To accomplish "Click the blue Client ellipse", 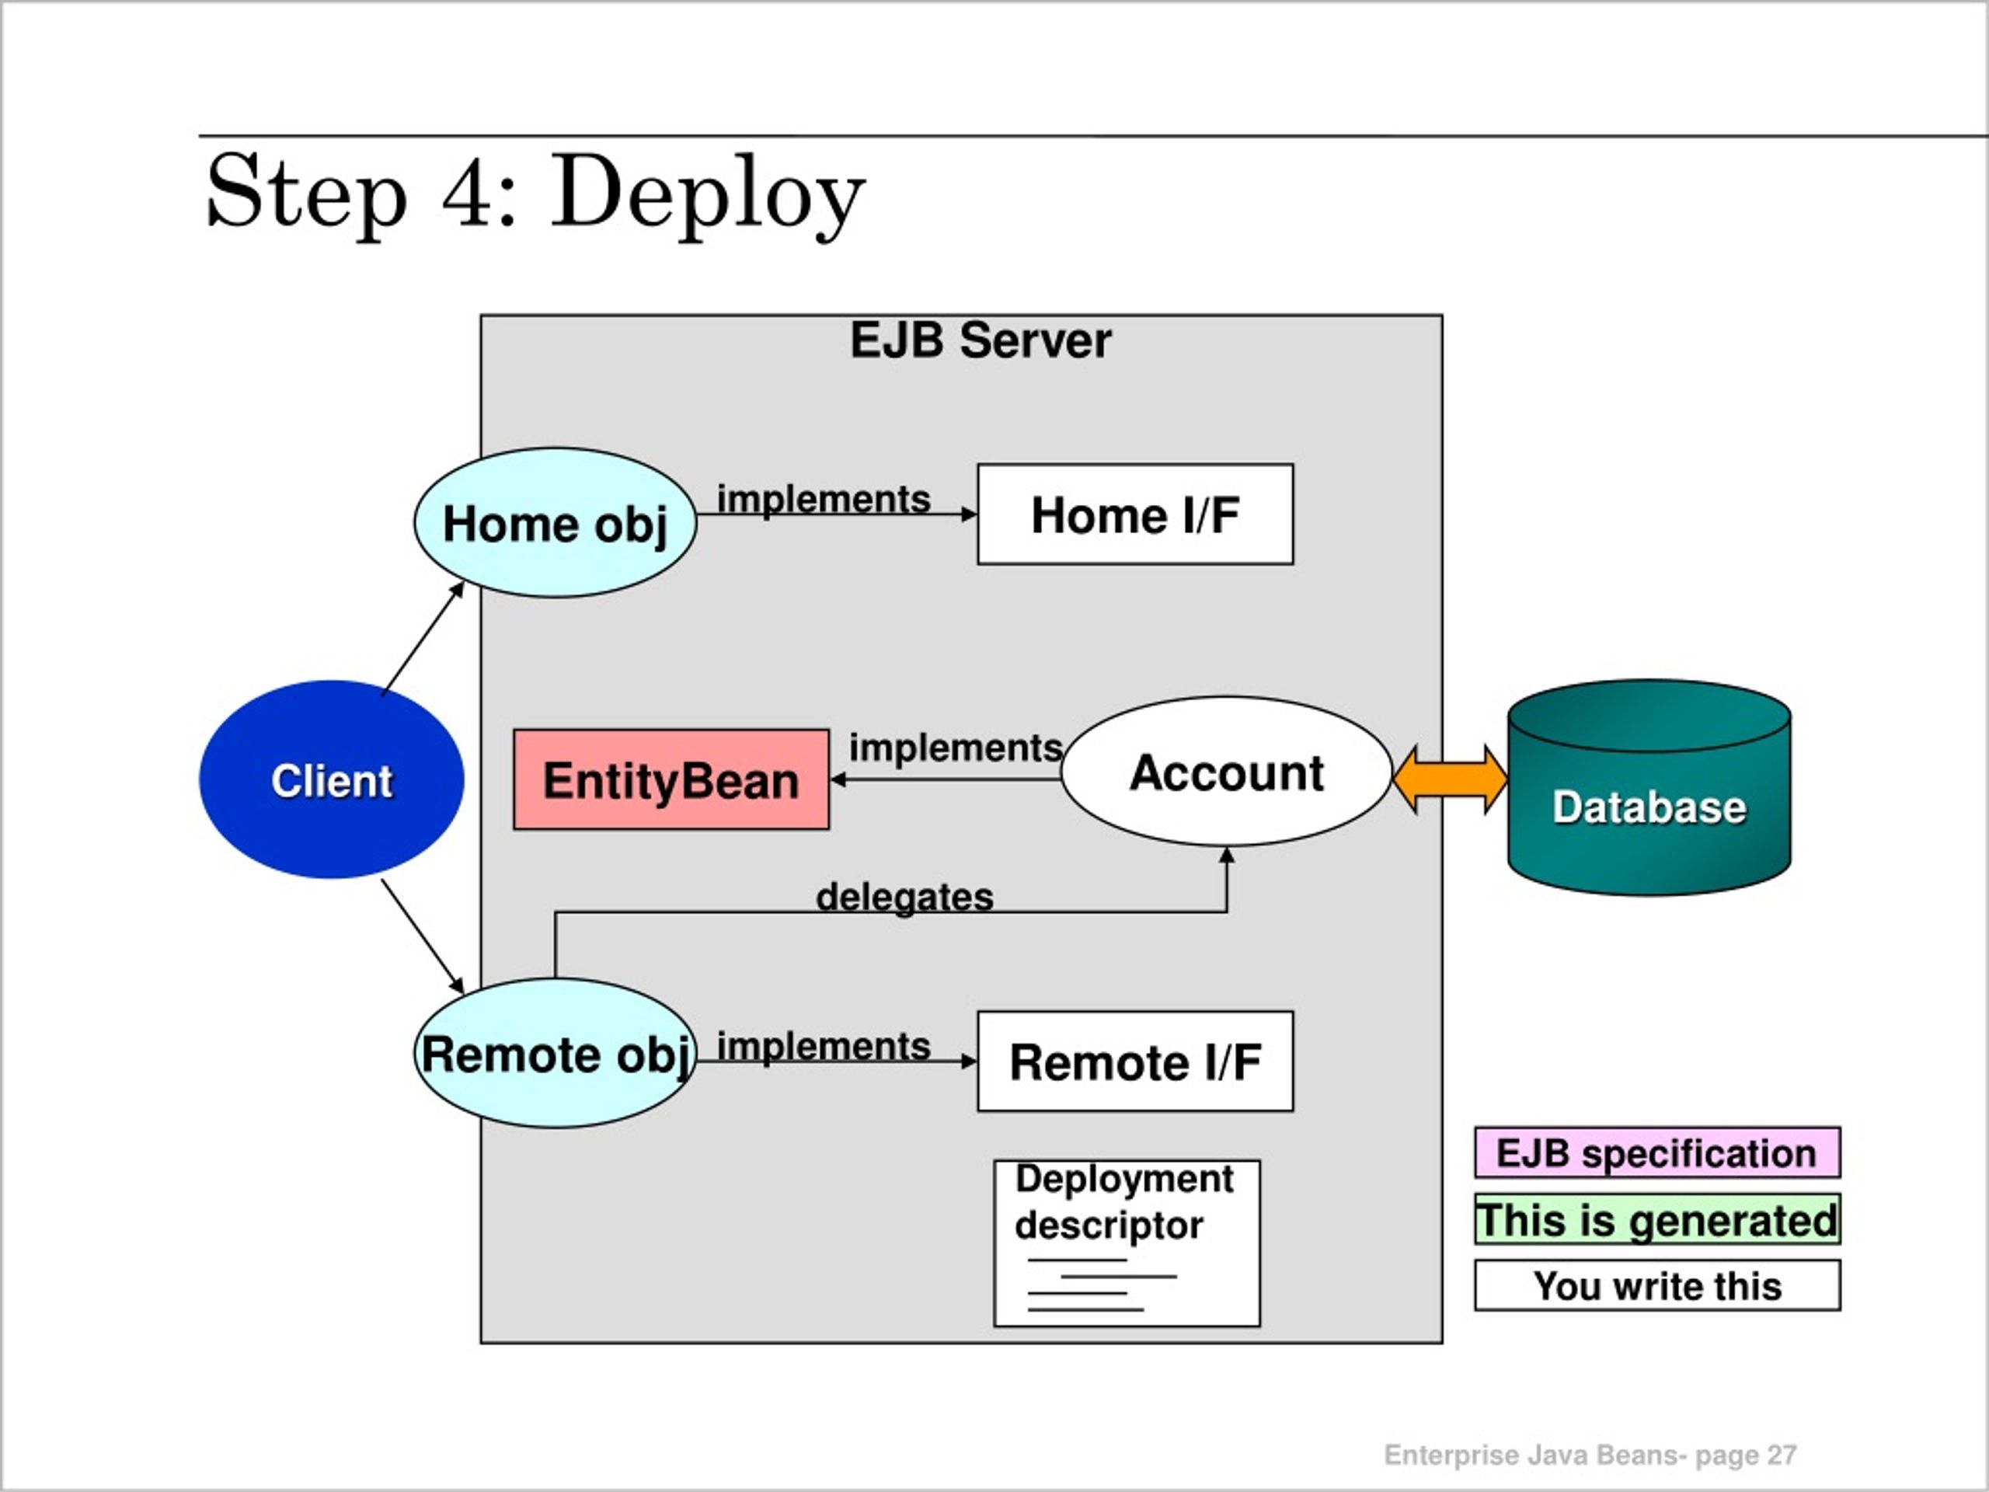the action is pos(332,779).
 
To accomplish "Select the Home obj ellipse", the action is pos(555,522).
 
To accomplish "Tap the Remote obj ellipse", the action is pos(555,1053).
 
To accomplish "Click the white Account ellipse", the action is pos(1227,772).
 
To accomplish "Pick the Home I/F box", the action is pos(1135,514).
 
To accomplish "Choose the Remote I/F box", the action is pos(1135,1061).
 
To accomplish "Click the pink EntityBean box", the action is pos(671,779).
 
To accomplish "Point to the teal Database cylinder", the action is pos(1649,788).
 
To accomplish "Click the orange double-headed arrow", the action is pos(1451,779).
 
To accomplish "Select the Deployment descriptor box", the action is pos(1127,1243).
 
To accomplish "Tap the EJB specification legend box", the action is pos(1657,1152).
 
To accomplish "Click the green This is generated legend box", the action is pos(1657,1218).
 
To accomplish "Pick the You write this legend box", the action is pos(1657,1285).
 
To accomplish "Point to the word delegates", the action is pos(904,897).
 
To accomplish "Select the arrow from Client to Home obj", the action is pos(423,639).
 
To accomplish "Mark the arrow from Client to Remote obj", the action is pos(423,936).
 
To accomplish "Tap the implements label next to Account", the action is pos(956,748).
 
